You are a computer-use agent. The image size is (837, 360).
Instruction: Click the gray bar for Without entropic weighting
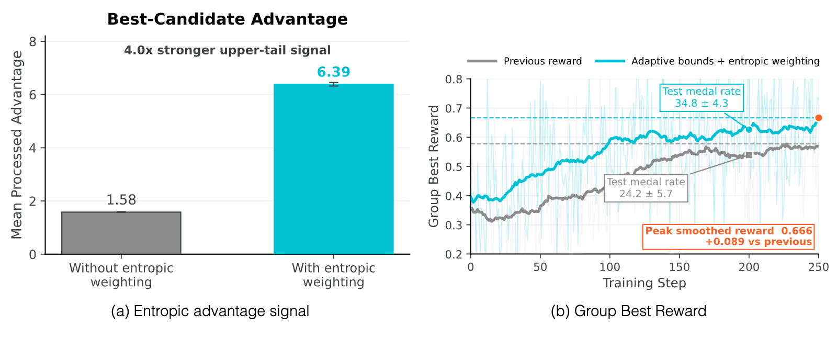(121, 233)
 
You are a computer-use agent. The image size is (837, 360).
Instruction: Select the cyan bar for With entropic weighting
(334, 169)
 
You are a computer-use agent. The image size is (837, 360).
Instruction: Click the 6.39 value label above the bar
(334, 72)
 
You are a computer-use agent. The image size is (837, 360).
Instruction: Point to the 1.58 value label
(121, 200)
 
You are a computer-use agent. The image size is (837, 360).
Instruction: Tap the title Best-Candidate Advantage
(227, 19)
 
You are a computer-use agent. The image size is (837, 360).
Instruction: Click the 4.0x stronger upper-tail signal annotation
(227, 50)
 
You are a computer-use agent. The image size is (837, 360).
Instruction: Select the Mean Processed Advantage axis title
(16, 145)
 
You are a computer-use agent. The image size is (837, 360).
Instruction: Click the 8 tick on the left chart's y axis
(32, 41)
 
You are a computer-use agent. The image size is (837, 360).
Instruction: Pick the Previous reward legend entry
(524, 61)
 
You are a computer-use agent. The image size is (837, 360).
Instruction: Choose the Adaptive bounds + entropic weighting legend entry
(707, 61)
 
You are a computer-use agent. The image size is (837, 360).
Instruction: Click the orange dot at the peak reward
(818, 118)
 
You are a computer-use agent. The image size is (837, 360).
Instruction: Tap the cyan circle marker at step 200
(749, 129)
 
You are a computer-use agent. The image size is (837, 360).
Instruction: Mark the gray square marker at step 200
(749, 155)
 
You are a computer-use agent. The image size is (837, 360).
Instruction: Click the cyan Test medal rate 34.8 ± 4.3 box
(702, 97)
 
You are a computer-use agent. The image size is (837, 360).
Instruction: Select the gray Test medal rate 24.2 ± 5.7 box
(646, 188)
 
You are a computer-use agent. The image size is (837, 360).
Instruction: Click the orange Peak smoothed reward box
(728, 237)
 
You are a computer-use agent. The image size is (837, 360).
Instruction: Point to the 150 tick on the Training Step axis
(680, 267)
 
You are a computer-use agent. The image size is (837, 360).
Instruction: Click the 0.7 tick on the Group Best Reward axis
(454, 108)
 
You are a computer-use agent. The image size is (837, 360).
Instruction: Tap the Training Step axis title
(644, 283)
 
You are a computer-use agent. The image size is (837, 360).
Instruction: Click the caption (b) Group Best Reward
(628, 311)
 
